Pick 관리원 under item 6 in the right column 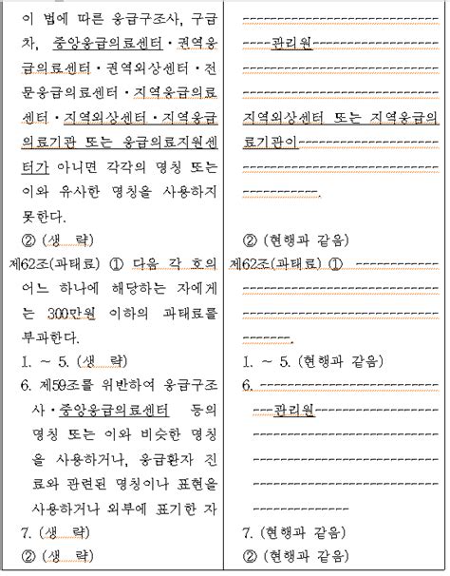tap(294, 411)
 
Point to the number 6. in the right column tap(247, 386)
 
